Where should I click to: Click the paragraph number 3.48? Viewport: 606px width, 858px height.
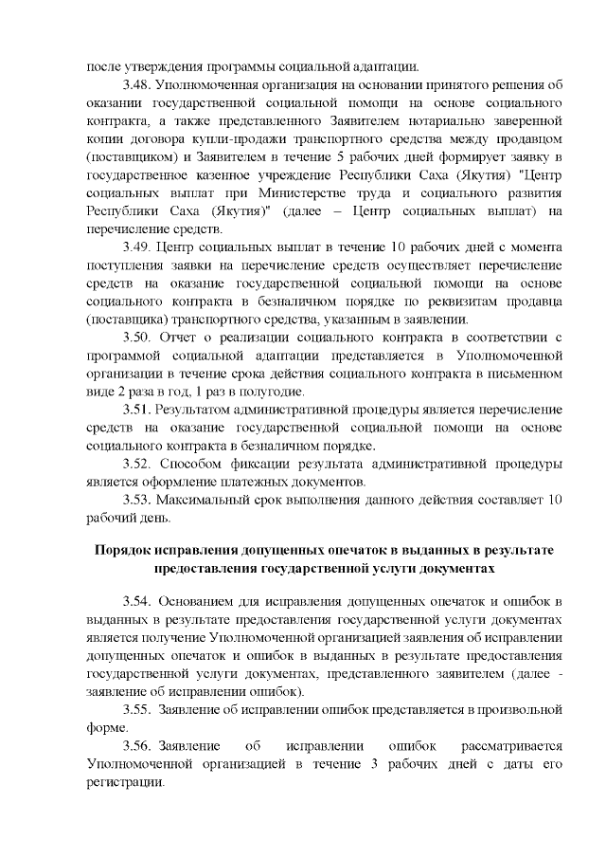coord(137,85)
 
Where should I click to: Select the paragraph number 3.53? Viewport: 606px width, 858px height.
coord(137,499)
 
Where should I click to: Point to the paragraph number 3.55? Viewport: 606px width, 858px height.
coord(137,708)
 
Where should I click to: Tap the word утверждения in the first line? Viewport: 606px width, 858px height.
coord(165,67)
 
